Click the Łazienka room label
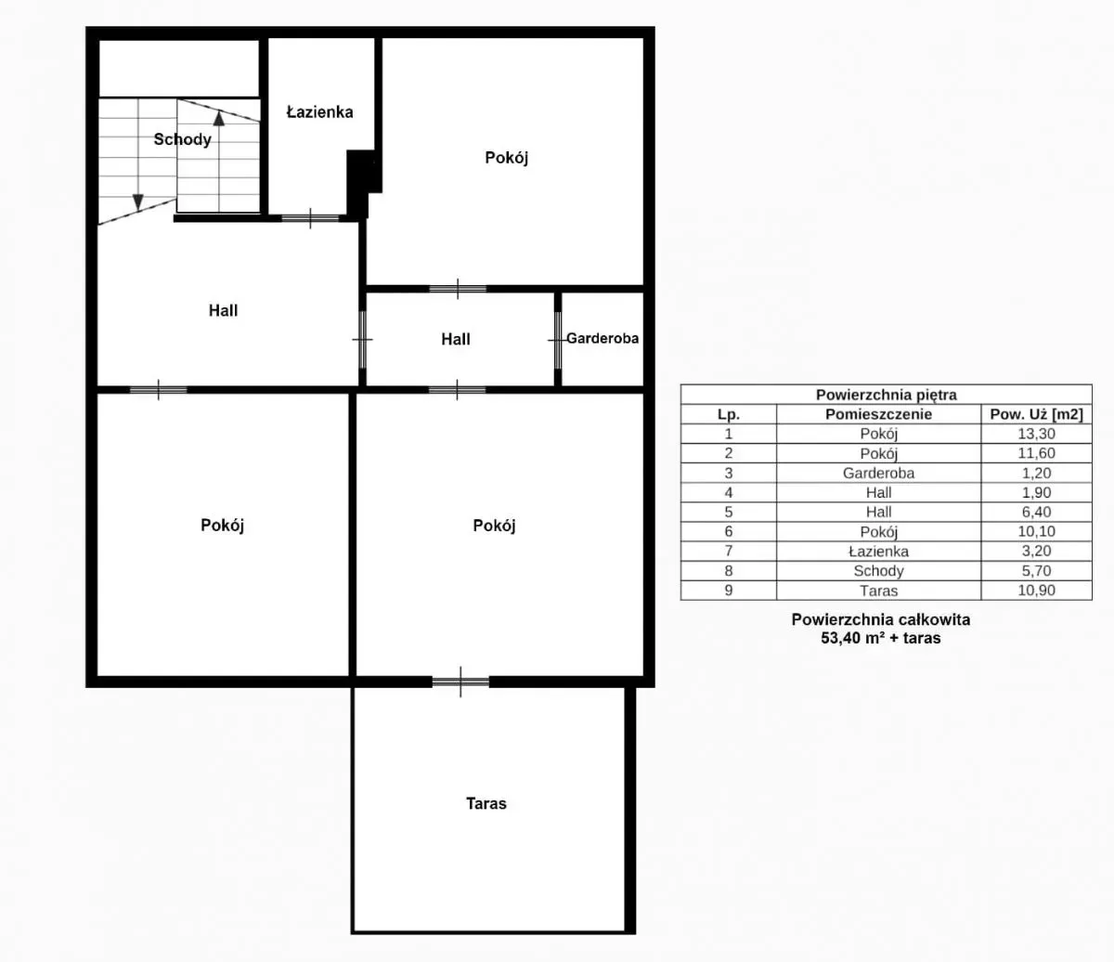[319, 112]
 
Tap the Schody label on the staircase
[182, 139]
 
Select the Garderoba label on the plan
[602, 338]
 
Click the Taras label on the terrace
[486, 803]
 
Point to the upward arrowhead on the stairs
[219, 118]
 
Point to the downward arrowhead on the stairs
[138, 202]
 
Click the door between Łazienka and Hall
[310, 218]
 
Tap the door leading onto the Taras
[460, 682]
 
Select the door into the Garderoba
[558, 340]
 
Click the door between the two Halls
[362, 340]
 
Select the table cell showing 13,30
[1036, 434]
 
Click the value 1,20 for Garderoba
[1036, 473]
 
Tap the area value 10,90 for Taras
[1036, 590]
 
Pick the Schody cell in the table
[878, 570]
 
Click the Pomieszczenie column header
[878, 414]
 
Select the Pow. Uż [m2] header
[1036, 414]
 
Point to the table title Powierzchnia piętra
[886, 395]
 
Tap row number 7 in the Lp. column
[728, 551]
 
